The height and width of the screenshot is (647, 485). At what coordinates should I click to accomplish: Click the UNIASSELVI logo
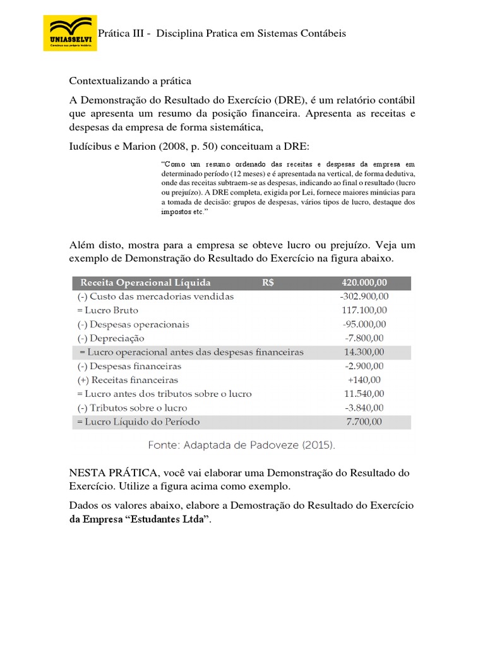[x=69, y=33]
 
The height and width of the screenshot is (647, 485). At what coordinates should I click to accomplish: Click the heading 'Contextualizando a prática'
[x=129, y=81]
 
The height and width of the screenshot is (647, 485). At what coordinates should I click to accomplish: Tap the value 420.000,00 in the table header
[x=364, y=282]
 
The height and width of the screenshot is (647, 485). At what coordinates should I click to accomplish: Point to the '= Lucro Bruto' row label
[x=107, y=310]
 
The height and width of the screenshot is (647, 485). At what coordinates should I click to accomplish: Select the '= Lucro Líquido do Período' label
[x=138, y=421]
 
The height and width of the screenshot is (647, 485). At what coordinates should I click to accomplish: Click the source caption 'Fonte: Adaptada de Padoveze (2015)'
[x=242, y=445]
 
